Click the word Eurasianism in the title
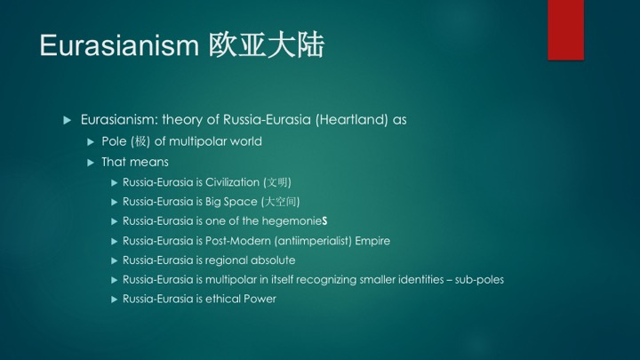coord(119,45)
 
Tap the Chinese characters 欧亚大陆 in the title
coord(267,45)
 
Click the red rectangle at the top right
coord(565,30)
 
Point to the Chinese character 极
coord(140,141)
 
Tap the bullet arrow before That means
coord(91,163)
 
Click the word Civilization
coord(232,182)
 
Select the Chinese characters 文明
coord(277,182)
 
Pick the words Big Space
coord(231,202)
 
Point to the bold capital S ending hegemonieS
coord(324,221)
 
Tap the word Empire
coord(372,241)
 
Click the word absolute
coord(273,260)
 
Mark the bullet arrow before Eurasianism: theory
coord(68,120)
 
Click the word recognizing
coord(324,280)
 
